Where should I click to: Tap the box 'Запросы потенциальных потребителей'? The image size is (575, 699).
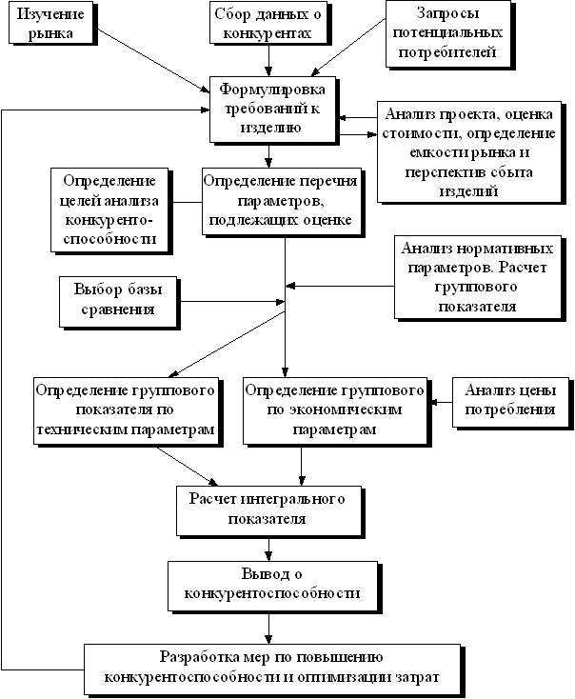pyautogui.click(x=448, y=33)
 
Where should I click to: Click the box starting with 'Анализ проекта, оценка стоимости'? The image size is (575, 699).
pyautogui.click(x=466, y=150)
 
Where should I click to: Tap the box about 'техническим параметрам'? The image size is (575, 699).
pyautogui.click(x=124, y=410)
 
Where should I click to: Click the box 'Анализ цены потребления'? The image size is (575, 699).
pyautogui.click(x=509, y=400)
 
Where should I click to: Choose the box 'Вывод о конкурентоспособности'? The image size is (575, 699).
pyautogui.click(x=271, y=583)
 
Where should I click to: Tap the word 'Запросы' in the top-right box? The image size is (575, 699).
pyautogui.click(x=448, y=14)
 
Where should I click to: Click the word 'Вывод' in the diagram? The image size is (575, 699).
pyautogui.click(x=257, y=573)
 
